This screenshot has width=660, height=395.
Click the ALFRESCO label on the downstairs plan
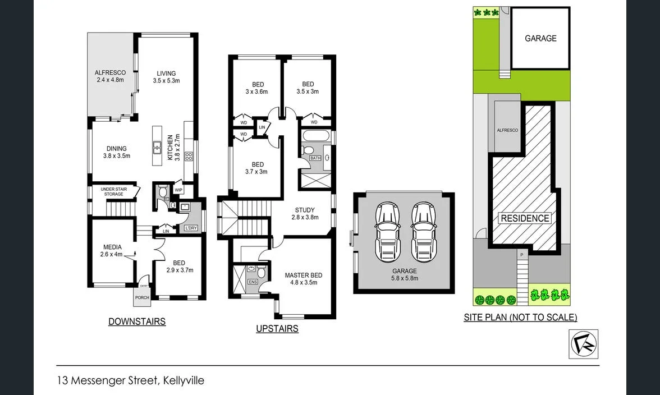[x=110, y=76]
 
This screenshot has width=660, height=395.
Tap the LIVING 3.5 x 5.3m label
[x=166, y=77]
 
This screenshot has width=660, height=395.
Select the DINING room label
[x=117, y=152]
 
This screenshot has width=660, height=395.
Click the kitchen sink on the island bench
[x=158, y=148]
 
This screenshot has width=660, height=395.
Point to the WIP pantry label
[x=178, y=190]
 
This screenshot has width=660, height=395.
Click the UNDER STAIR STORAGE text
[x=113, y=191]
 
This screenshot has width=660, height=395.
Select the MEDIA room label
[x=112, y=251]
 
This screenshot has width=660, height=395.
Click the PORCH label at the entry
[x=142, y=297]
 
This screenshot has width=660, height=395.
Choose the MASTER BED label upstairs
[x=303, y=278]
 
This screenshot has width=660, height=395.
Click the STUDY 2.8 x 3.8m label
[x=305, y=214]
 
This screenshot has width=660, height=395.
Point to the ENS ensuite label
[x=253, y=281]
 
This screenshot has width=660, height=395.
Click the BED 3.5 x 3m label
[x=308, y=88]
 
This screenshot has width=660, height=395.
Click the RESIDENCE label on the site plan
[x=525, y=218]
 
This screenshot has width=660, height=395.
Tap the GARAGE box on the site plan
[x=540, y=38]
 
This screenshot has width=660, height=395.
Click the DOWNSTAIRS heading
[x=136, y=321]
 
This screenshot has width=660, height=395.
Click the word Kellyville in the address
[x=184, y=381]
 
